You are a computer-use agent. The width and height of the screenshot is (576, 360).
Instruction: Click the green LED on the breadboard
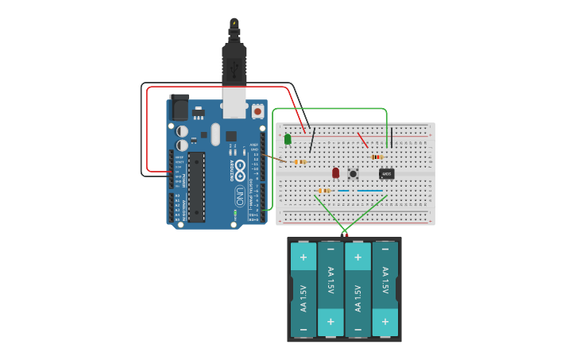tap(288, 139)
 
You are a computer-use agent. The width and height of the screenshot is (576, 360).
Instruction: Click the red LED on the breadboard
tap(335, 172)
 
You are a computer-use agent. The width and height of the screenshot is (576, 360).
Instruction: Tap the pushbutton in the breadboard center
tap(353, 173)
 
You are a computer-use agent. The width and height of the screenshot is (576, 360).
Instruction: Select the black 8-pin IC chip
tap(386, 174)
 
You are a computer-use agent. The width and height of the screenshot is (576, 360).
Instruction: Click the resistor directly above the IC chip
tap(377, 157)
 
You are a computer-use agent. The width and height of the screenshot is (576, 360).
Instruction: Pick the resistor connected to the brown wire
tap(300, 162)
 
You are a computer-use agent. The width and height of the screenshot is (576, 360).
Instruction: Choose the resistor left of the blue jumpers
tap(323, 191)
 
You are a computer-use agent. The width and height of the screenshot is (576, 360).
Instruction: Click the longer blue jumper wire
tap(369, 191)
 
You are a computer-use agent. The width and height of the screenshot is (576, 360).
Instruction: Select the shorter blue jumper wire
tap(343, 191)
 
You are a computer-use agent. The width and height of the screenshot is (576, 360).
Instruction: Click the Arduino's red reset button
tap(257, 113)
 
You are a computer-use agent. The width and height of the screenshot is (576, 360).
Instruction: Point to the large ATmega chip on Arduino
tap(195, 187)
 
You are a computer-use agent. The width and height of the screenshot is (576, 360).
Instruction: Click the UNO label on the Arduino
tap(239, 194)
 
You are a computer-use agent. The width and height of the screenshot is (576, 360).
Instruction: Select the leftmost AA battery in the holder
tap(303, 289)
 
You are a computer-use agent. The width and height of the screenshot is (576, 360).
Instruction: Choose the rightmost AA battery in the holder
tap(385, 289)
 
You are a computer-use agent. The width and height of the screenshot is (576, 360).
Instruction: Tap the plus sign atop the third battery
tap(358, 257)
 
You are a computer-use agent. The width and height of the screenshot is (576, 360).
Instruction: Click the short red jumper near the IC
tap(362, 140)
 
